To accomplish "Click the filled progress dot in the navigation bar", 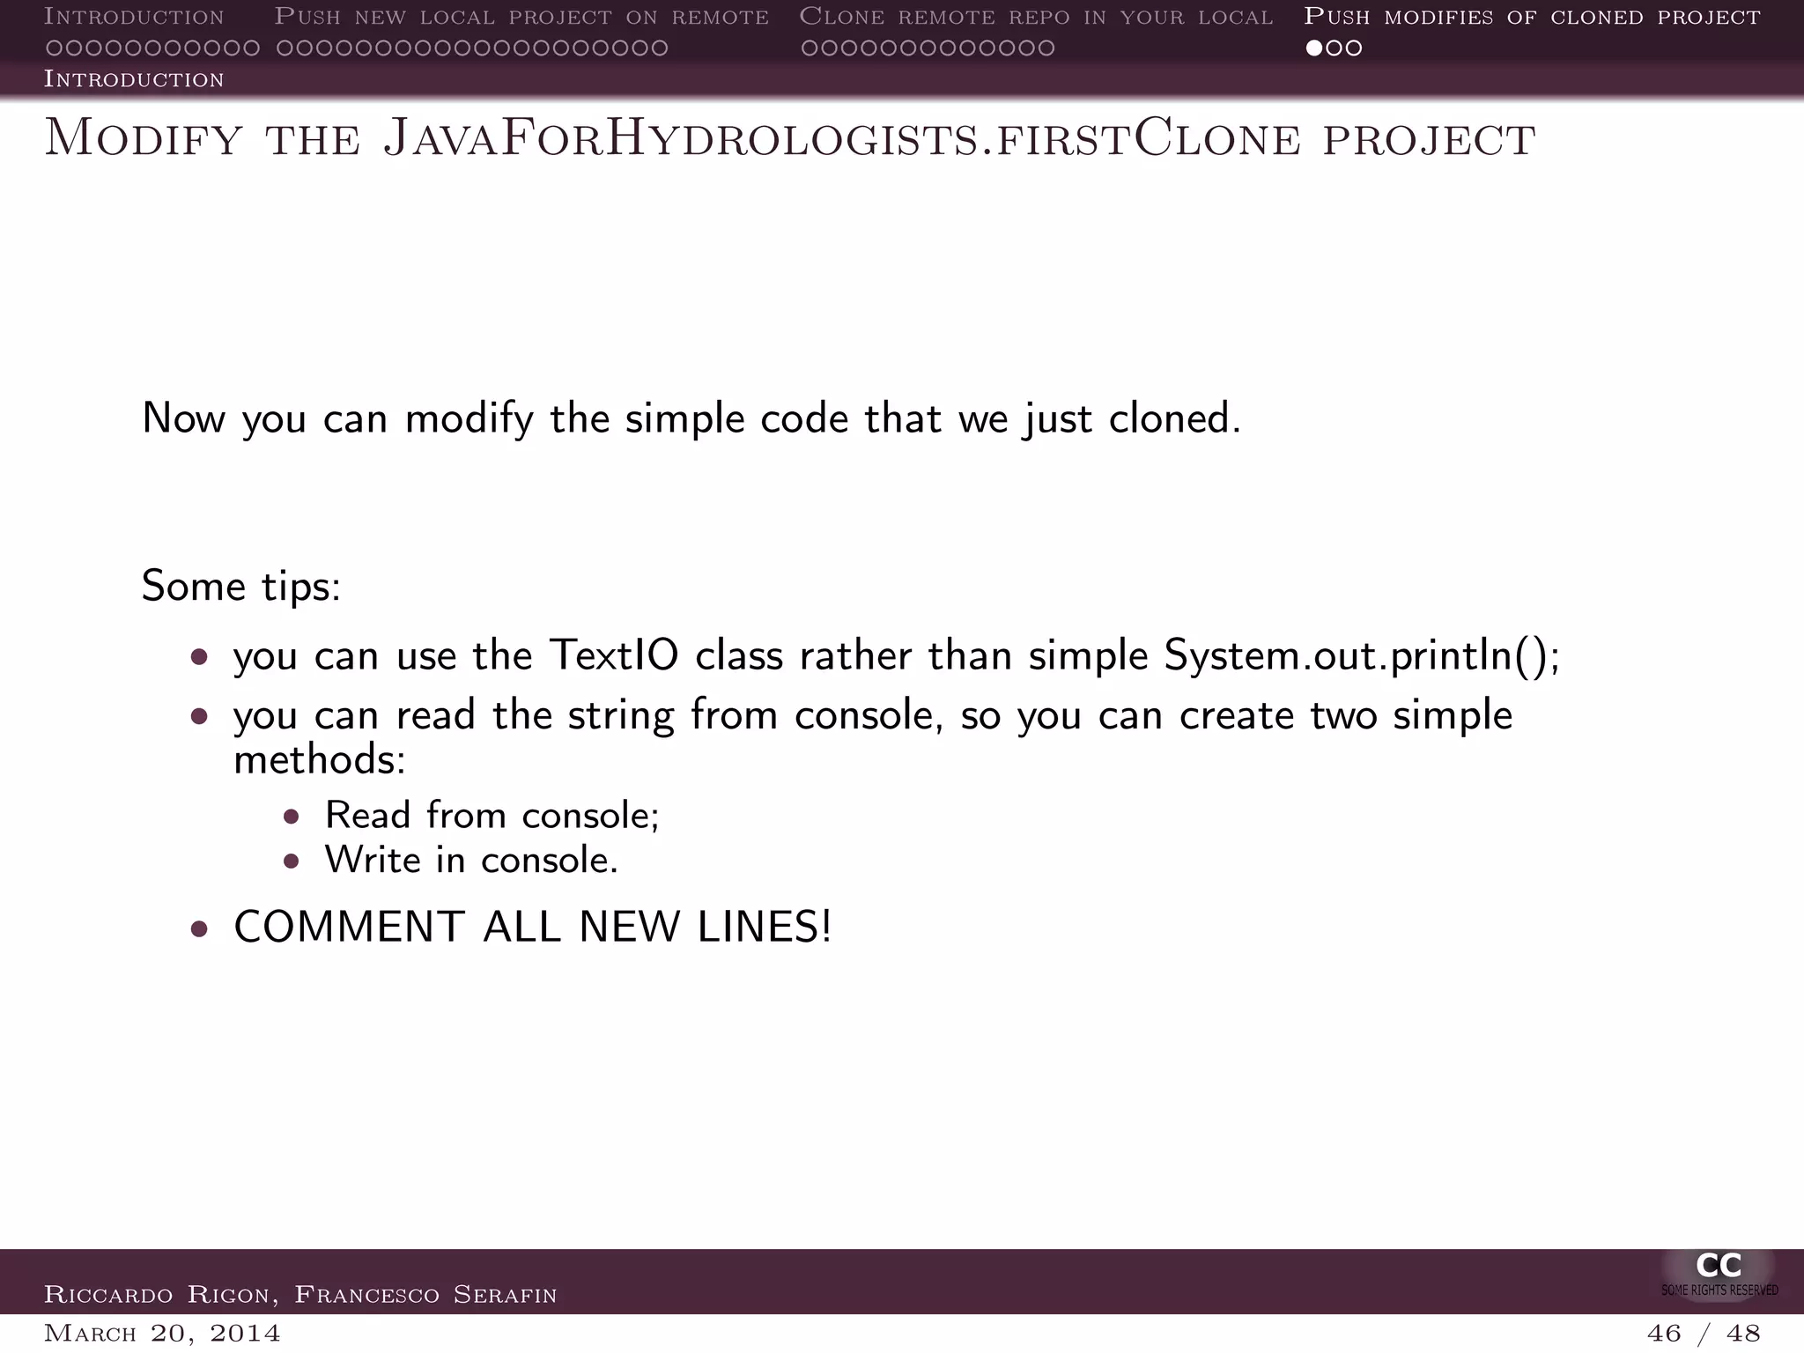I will point(1314,48).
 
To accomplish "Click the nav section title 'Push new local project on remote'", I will point(521,17).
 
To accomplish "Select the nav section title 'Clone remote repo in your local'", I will point(1036,17).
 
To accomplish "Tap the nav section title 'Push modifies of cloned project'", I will point(1532,17).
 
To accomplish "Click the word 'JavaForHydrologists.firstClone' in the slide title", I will point(758,139).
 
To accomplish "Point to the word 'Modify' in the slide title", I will point(144,139).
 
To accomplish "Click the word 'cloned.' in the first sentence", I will point(1174,418).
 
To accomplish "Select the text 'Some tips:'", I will point(240,586).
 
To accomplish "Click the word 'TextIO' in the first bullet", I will point(613,655).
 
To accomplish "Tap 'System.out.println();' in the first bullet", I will point(1362,655).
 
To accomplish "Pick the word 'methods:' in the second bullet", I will point(319,759).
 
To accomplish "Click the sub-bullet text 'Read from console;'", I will point(492,816).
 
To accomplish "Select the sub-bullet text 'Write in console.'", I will point(471,861).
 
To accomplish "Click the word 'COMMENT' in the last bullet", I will point(349,927).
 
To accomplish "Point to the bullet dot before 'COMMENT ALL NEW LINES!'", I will point(199,928).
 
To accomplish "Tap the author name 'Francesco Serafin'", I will point(425,1295).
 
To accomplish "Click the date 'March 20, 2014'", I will point(162,1334).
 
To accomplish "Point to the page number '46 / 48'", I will point(1704,1334).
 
